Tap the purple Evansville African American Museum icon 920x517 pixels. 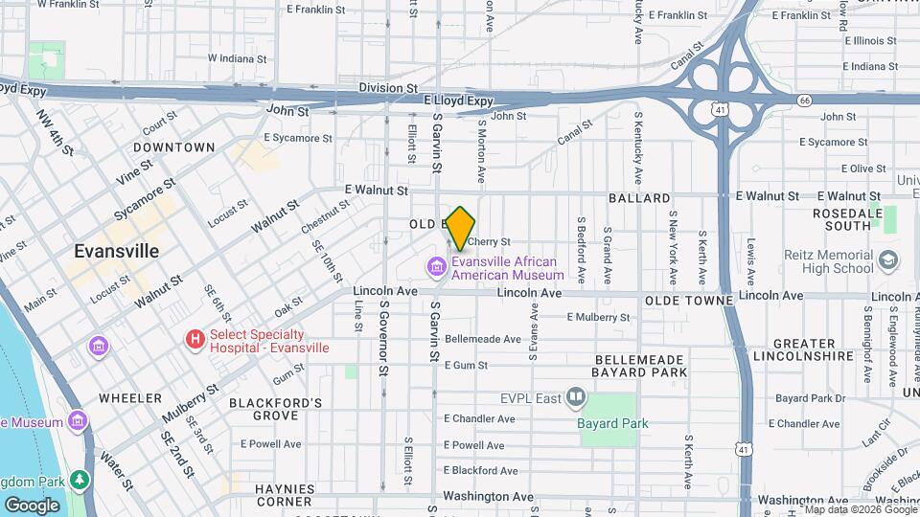coord(438,265)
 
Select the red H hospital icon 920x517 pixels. coord(195,339)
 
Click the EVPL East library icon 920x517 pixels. coord(576,395)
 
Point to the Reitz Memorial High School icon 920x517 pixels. coord(888,260)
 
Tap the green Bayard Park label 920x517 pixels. coord(613,423)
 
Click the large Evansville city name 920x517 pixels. coord(117,251)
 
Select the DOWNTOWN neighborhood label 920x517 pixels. coord(173,147)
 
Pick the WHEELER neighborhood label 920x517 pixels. coord(129,397)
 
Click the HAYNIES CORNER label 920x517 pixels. coord(285,494)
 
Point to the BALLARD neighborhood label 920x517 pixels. coord(638,198)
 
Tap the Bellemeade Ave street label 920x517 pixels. coord(482,339)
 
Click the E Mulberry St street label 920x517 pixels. coord(599,317)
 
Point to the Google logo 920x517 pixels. coord(32,505)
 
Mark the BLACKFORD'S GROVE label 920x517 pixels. coord(275,409)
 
